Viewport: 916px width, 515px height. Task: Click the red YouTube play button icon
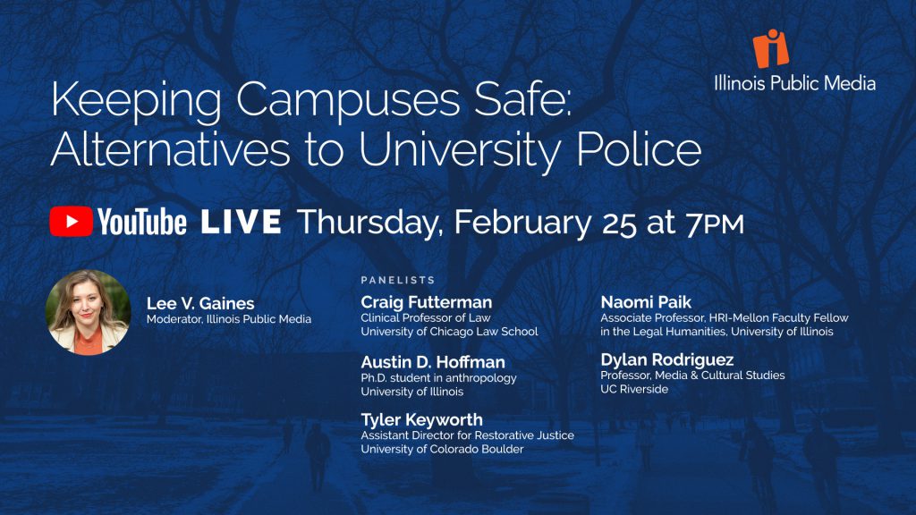71,222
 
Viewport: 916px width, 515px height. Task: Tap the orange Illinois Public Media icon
770,48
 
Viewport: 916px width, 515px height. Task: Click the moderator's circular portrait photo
89,312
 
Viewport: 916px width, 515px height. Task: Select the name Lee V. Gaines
200,303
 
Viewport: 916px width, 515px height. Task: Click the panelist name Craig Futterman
427,302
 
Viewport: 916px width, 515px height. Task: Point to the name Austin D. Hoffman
433,362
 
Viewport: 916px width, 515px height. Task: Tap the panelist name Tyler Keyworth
422,419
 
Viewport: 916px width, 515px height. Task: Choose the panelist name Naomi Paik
646,302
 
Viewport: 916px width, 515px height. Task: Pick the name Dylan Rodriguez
667,359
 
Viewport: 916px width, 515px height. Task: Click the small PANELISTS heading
398,280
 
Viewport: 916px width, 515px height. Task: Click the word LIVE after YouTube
242,222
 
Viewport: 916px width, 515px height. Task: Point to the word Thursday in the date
369,223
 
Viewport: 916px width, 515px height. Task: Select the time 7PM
715,223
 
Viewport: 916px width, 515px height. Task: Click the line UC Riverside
634,389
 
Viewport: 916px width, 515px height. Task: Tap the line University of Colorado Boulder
442,449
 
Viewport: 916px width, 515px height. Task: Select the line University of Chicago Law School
449,332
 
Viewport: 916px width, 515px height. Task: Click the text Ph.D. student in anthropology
438,378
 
